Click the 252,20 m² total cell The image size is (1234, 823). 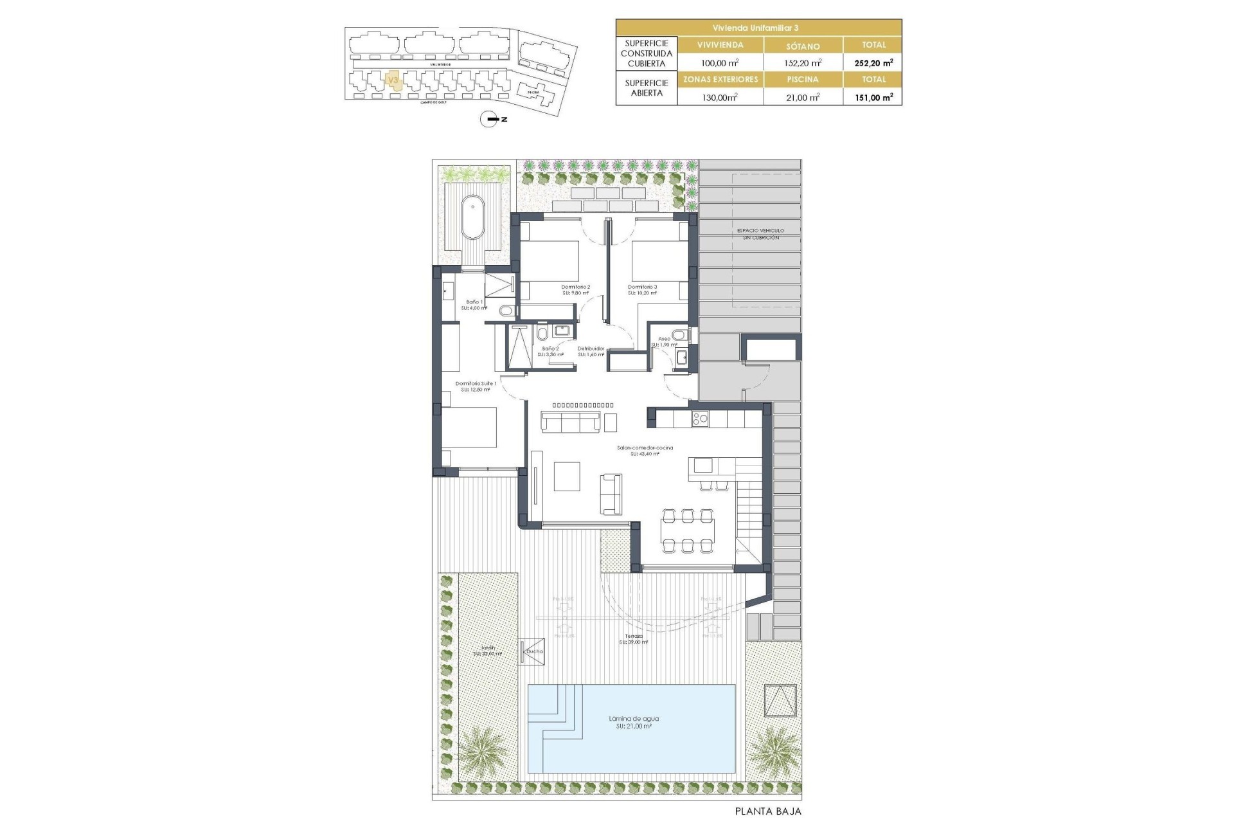(873, 62)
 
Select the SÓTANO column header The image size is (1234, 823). (803, 46)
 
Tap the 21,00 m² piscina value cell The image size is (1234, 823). (803, 97)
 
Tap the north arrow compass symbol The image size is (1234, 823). (490, 119)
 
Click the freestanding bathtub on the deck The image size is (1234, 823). (474, 217)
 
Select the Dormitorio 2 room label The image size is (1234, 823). (575, 289)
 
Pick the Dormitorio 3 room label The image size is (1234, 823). (642, 289)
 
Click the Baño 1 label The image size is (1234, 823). (474, 304)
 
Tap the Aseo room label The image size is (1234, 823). (664, 341)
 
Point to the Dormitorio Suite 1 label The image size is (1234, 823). (476, 386)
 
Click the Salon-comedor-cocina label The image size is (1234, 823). (645, 450)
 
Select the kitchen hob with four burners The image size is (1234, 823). (699, 419)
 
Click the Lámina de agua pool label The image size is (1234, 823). (634, 722)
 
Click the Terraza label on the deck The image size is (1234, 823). (634, 638)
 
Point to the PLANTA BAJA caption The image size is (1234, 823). (768, 811)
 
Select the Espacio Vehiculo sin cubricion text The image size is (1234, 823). (761, 234)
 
